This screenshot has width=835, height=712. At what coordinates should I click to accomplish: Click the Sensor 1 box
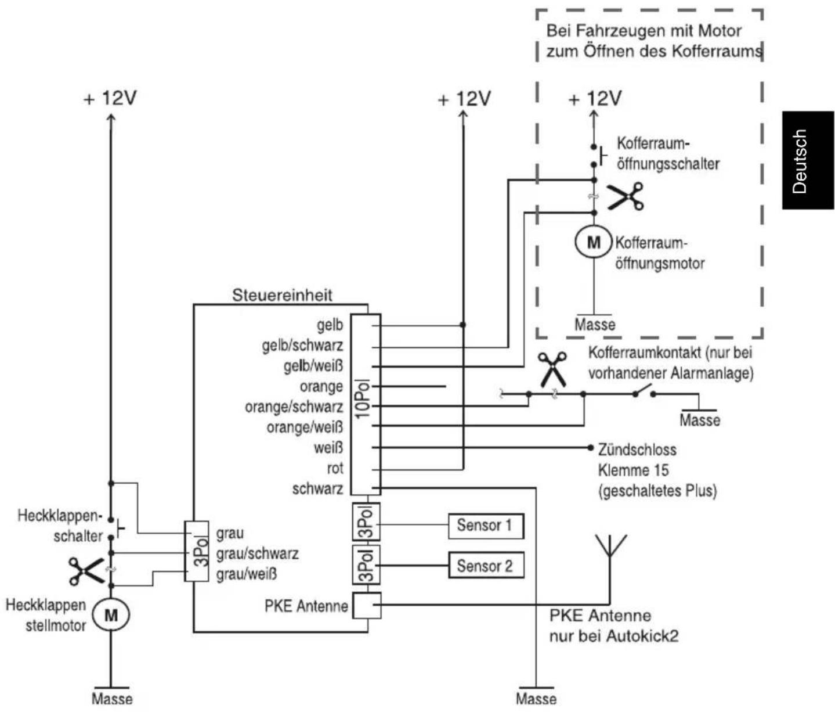click(x=486, y=526)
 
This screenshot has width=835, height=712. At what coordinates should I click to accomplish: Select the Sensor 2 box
click(x=486, y=565)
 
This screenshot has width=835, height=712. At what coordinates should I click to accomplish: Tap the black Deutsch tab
click(x=808, y=160)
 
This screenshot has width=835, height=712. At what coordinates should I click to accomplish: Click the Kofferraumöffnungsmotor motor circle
click(x=594, y=242)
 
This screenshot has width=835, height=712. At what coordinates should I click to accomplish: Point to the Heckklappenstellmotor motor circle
click(x=111, y=615)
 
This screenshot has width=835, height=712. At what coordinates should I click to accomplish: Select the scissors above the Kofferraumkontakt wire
click(x=552, y=369)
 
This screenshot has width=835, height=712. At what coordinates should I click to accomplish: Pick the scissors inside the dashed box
click(x=626, y=196)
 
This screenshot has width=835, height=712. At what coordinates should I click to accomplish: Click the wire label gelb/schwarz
click(x=302, y=346)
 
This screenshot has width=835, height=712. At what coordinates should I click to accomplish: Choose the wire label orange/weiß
click(x=305, y=427)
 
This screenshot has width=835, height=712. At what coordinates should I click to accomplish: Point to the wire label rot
click(x=335, y=468)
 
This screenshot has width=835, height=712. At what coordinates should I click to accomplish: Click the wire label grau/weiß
click(x=247, y=574)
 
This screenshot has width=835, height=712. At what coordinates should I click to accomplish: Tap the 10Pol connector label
click(x=365, y=400)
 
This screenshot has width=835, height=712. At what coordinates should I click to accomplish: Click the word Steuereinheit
click(x=282, y=295)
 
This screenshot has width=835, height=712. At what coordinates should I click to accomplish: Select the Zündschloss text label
click(x=637, y=450)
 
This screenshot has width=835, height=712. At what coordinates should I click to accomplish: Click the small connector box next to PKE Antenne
click(x=366, y=605)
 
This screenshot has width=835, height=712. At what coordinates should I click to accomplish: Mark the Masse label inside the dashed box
click(x=595, y=325)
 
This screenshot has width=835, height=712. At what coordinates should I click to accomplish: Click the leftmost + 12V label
click(x=110, y=98)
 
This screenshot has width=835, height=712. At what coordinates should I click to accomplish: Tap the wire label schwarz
click(x=318, y=489)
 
